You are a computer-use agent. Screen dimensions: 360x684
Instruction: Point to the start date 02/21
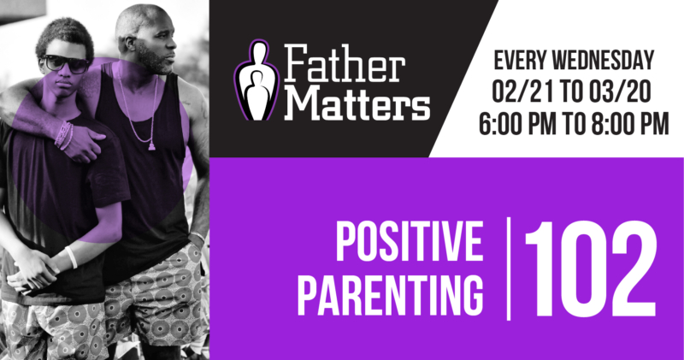point(522,91)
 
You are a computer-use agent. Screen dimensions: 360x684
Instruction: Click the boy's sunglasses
point(65,62)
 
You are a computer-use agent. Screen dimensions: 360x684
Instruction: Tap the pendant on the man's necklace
point(152,145)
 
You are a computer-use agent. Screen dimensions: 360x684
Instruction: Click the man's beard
point(156,62)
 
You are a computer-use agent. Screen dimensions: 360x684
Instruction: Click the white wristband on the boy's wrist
point(70,257)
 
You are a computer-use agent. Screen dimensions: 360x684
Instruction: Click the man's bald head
point(144,19)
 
